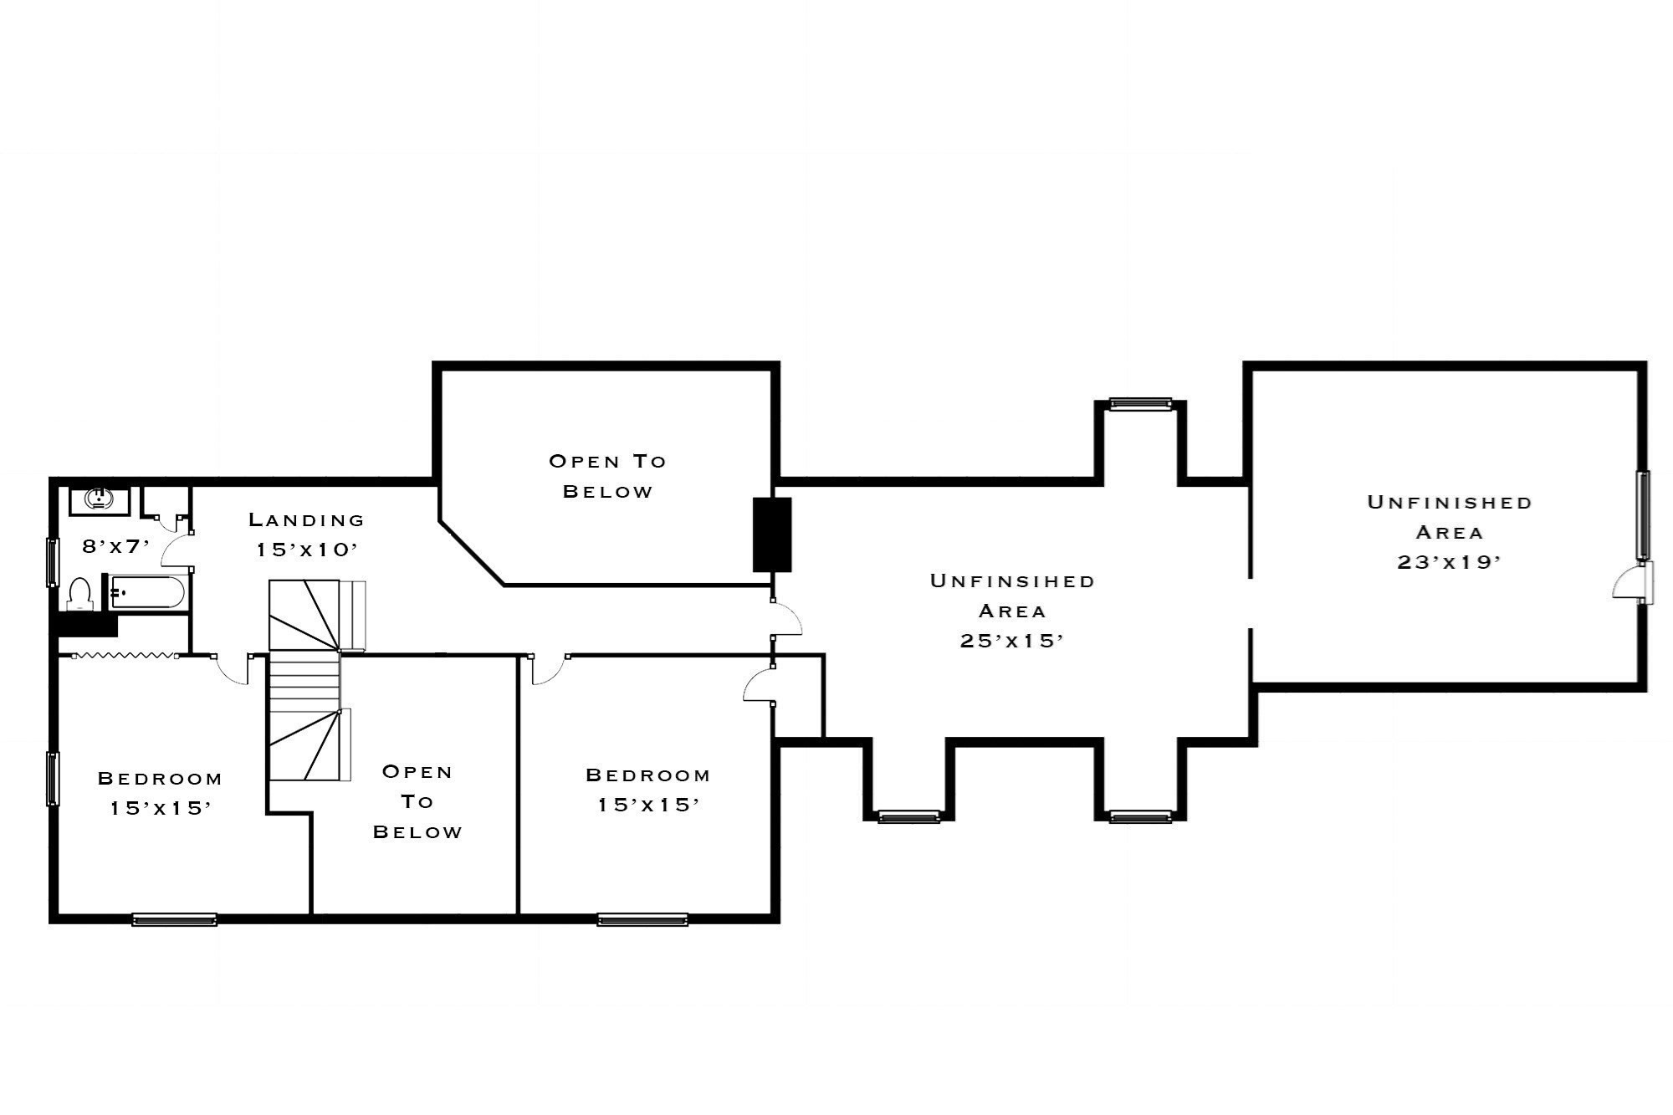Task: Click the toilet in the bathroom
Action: click(x=79, y=593)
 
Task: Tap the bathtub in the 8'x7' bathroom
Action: click(x=147, y=592)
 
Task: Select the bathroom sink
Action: click(x=98, y=500)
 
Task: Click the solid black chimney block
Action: click(x=772, y=534)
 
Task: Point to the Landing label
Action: click(x=307, y=519)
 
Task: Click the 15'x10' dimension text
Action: click(x=307, y=550)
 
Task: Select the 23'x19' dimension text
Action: click(x=1449, y=562)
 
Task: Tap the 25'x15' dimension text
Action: click(x=1011, y=641)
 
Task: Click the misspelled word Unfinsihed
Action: click(x=1012, y=581)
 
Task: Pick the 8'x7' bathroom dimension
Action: click(x=115, y=546)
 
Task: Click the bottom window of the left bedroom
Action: click(x=174, y=920)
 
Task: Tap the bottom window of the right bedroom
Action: click(x=642, y=920)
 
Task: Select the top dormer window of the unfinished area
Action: click(x=1140, y=404)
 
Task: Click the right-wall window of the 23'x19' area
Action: click(x=1643, y=514)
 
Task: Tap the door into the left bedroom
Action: click(x=233, y=669)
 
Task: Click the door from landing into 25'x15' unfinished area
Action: click(x=786, y=619)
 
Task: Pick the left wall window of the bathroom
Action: click(x=53, y=562)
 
